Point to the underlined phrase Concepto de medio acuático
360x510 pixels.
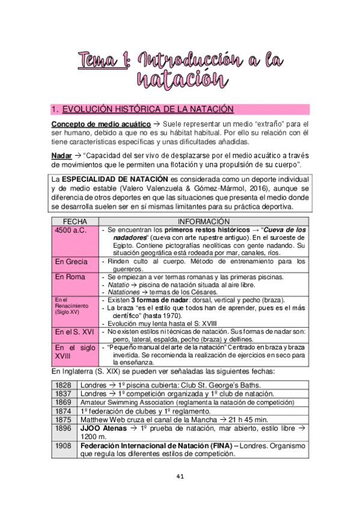tap(100, 124)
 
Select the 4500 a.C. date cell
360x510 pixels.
tap(71, 230)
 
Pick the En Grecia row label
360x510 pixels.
tap(71, 262)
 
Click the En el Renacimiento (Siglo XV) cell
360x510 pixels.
tap(67, 306)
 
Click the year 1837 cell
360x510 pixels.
tap(63, 393)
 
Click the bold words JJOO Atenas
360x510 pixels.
tap(103, 428)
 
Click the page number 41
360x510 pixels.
tap(180, 476)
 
